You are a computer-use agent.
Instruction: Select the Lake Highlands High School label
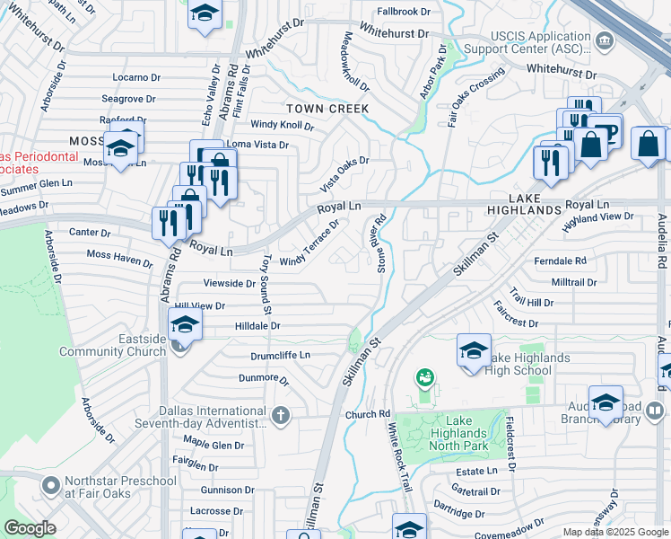[x=527, y=364]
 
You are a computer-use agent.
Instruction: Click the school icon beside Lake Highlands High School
[x=474, y=351]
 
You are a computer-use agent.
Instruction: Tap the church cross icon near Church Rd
[x=281, y=414]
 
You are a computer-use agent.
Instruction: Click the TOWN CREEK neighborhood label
[x=327, y=109]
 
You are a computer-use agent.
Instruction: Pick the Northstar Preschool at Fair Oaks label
[x=120, y=487]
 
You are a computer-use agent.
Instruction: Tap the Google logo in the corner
[x=30, y=527]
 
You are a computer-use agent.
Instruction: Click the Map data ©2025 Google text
[x=615, y=532]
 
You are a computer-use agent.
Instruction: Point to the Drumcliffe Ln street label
[x=280, y=356]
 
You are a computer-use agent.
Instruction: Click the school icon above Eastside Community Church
[x=184, y=324]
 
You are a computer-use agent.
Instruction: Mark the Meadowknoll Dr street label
[x=356, y=63]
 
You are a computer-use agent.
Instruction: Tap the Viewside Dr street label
[x=231, y=283]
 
